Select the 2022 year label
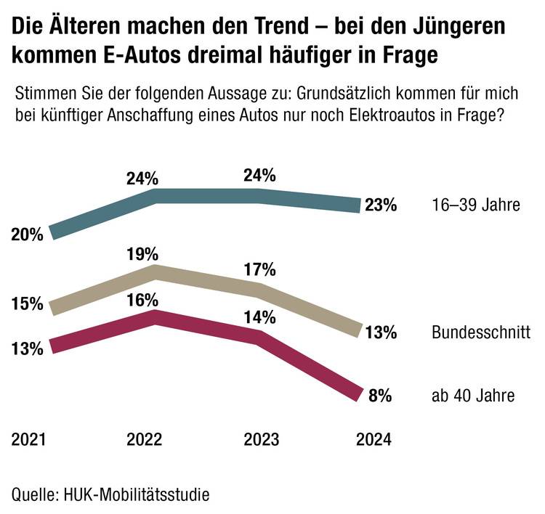(x=145, y=440)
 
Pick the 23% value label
(x=381, y=205)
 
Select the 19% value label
(x=143, y=254)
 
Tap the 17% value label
(x=260, y=270)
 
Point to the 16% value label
(x=143, y=300)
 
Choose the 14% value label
(x=260, y=317)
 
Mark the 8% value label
(x=381, y=396)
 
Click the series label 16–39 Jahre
(x=474, y=205)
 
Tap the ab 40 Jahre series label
(x=473, y=396)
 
